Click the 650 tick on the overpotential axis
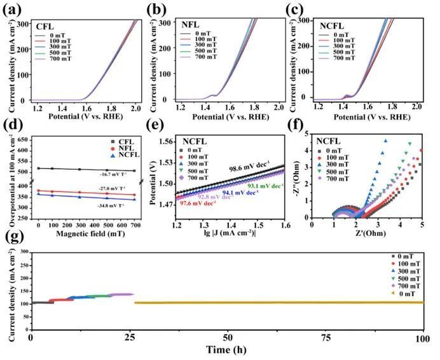26,139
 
